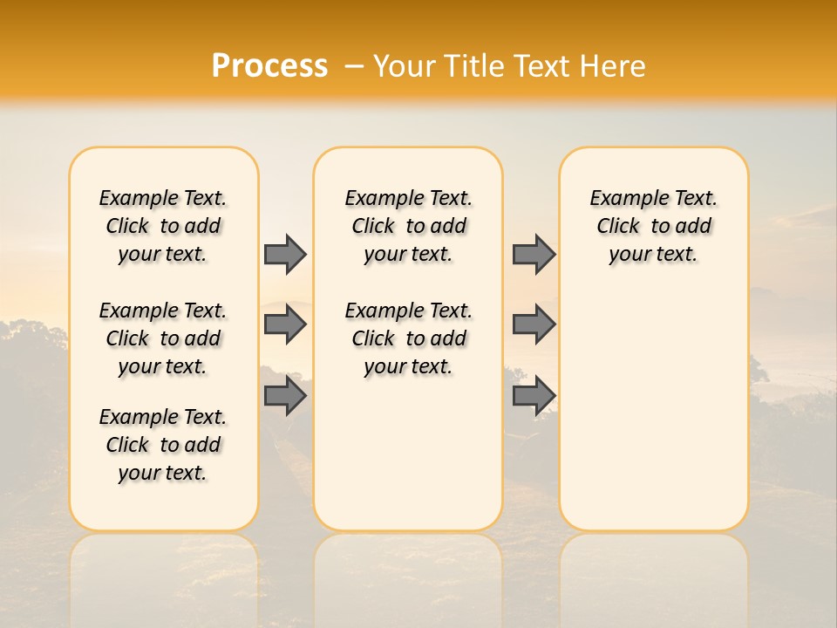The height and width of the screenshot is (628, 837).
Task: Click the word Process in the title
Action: click(x=269, y=65)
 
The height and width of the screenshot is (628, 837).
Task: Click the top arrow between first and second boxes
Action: click(x=284, y=254)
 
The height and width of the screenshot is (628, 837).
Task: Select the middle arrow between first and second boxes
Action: click(x=284, y=324)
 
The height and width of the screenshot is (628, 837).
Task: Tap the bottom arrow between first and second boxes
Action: click(x=284, y=396)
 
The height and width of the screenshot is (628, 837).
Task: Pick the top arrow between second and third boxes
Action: click(x=534, y=254)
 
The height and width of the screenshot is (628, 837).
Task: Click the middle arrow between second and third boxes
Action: click(x=534, y=324)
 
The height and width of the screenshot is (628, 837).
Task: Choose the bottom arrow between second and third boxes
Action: click(x=534, y=396)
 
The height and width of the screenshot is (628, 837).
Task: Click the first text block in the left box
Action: click(x=163, y=226)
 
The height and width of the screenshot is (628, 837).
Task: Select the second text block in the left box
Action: click(x=163, y=338)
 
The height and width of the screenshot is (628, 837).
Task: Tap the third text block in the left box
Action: click(x=163, y=445)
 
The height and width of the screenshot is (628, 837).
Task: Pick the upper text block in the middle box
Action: click(x=408, y=226)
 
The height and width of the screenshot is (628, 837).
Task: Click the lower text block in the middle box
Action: click(x=408, y=338)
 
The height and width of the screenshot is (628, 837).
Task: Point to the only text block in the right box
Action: click(x=653, y=226)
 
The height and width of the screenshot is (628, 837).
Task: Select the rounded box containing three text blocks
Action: click(x=163, y=506)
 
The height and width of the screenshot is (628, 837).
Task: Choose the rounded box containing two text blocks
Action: click(x=408, y=454)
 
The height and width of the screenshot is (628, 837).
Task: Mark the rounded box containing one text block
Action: click(x=653, y=392)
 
